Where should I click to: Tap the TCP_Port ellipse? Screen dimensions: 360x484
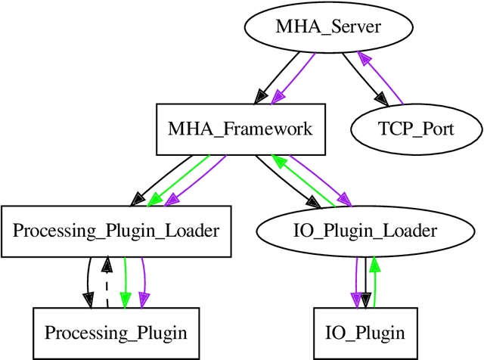(415, 129)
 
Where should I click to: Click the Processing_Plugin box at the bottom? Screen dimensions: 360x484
(115, 332)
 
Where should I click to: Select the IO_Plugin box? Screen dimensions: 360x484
(365, 332)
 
